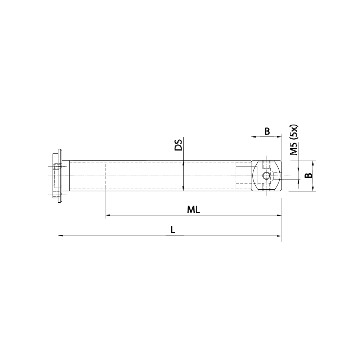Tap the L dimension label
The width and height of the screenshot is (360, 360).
coord(173,230)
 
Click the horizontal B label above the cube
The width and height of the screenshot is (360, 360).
coord(267,131)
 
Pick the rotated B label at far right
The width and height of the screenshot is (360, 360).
coord(308,176)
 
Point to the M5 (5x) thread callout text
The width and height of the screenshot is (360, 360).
coord(294,140)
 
